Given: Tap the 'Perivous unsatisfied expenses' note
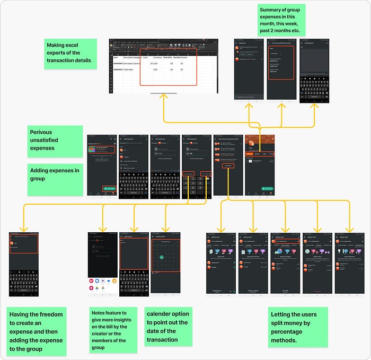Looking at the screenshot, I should click(55, 138).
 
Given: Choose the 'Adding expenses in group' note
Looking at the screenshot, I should click(55, 179).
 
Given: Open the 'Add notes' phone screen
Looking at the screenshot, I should click(135, 264).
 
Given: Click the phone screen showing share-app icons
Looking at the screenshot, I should click(103, 264).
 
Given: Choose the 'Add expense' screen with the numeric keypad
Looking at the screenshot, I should click(197, 166).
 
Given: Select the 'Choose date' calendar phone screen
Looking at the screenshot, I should click(166, 264).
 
